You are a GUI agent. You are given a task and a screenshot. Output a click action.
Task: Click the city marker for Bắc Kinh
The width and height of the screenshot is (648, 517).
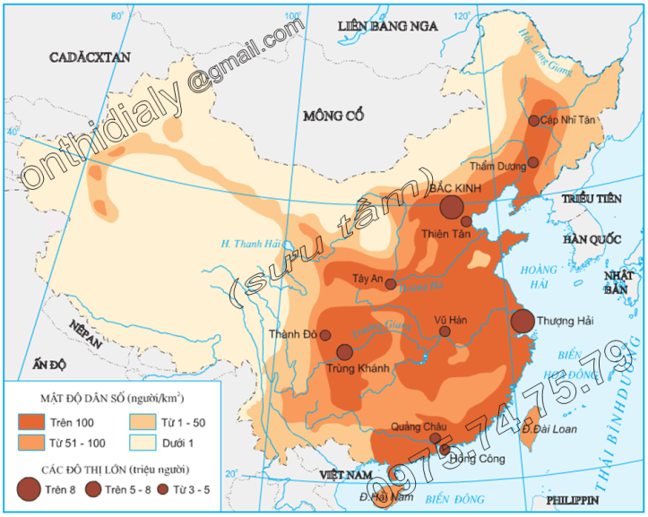click(453, 208)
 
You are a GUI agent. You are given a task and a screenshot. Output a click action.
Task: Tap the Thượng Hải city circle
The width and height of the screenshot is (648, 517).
click(523, 321)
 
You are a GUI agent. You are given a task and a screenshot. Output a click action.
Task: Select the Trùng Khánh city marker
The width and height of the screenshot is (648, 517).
click(344, 352)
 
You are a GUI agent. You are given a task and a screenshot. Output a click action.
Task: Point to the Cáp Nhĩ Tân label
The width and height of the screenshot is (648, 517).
click(570, 119)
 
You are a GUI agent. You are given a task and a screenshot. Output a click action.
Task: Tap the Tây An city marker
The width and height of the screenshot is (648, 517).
click(391, 283)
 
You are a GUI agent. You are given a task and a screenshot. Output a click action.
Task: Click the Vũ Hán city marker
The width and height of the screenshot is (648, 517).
click(445, 332)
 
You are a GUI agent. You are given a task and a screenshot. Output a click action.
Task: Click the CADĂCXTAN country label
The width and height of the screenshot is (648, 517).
click(90, 56)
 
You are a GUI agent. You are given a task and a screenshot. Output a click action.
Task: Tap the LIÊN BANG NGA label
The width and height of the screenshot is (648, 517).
click(387, 26)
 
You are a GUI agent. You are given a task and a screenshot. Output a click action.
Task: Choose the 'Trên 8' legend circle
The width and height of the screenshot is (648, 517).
click(29, 488)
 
